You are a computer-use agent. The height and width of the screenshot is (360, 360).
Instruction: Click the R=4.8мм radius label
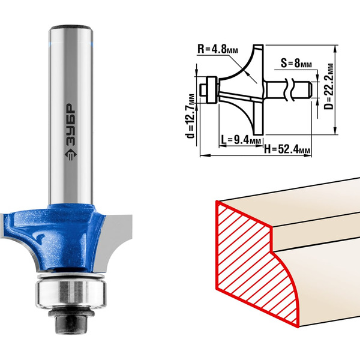(218, 49)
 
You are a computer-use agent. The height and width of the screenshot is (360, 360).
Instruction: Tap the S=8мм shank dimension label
(296, 63)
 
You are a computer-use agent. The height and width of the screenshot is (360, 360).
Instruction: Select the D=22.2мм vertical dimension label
(329, 86)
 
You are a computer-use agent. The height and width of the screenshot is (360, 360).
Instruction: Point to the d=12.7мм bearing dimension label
(191, 116)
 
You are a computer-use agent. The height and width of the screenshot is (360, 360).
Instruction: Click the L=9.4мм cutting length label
(241, 139)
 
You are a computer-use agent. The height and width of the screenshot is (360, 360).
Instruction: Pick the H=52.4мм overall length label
(287, 149)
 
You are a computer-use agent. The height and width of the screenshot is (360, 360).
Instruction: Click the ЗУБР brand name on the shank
(70, 125)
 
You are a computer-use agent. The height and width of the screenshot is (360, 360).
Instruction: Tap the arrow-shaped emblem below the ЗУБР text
(70, 155)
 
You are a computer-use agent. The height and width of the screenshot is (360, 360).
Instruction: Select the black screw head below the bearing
(71, 322)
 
